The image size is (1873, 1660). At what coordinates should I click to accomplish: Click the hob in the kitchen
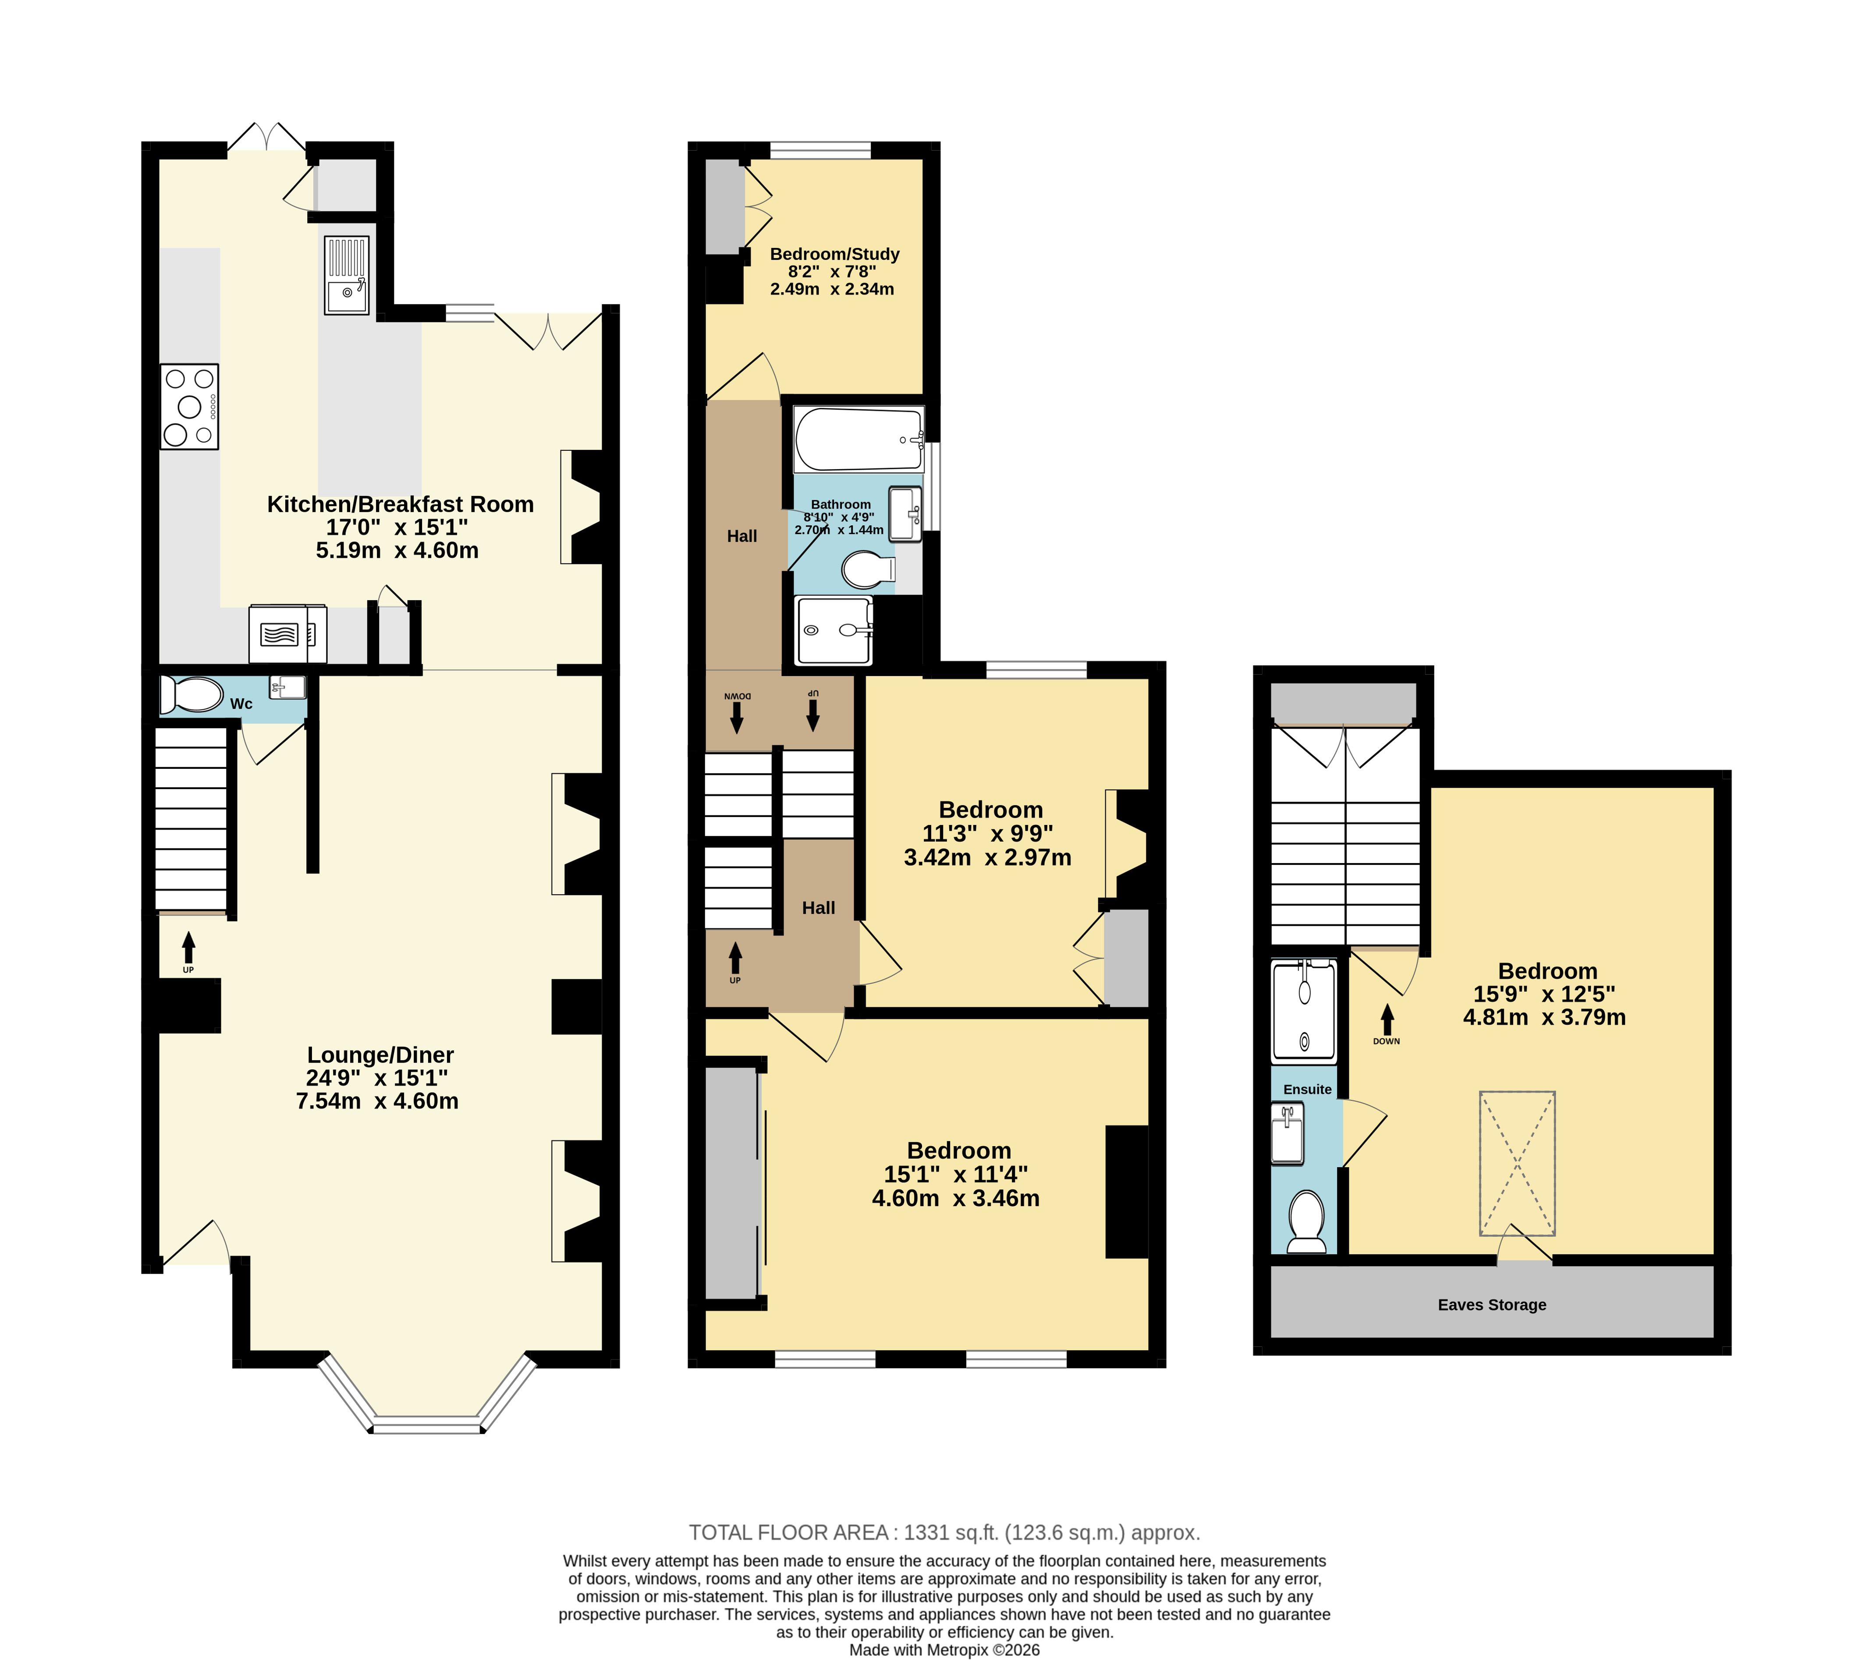pos(189,406)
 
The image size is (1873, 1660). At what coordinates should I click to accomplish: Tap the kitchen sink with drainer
pos(346,275)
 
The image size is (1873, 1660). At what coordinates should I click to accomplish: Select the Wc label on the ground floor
pos(241,704)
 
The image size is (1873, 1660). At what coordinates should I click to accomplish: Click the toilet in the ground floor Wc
pos(191,694)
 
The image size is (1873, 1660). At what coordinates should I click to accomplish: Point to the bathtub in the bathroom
pos(858,440)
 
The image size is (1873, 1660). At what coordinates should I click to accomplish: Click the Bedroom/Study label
pos(835,254)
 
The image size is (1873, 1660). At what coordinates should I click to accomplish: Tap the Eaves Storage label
pos(1492,1305)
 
